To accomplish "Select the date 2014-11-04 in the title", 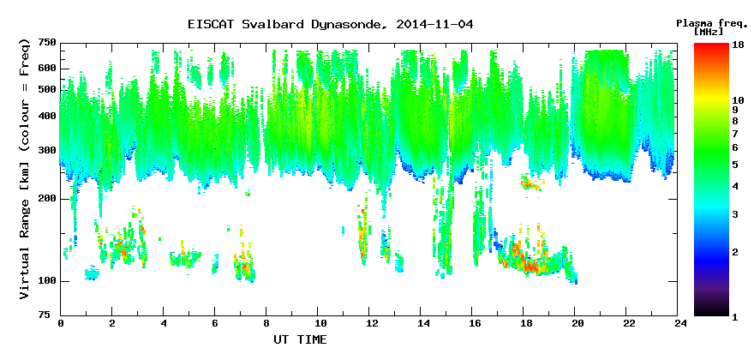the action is coord(434,25).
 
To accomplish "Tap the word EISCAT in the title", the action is coord(210,25).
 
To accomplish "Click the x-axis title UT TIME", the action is coord(300,339).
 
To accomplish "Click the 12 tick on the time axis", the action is coord(369,323).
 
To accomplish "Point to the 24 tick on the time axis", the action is coord(678,323).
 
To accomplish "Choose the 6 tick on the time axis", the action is coord(215,323).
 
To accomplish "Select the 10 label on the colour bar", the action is coord(738,100).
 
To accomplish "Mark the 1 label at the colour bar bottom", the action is coord(735,318).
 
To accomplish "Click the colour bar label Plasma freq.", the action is coord(712,23).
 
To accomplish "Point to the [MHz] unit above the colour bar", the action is coord(709,32).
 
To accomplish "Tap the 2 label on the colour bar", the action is coord(735,252).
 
